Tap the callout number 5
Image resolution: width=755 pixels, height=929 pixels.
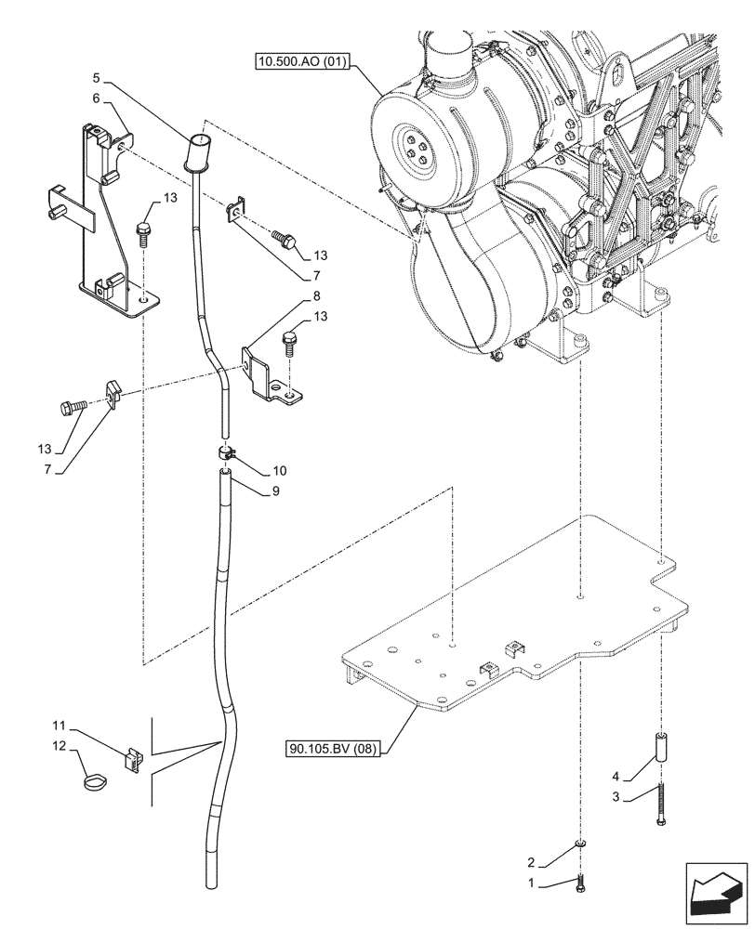tap(97, 80)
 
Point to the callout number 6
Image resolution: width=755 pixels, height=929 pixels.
tap(97, 98)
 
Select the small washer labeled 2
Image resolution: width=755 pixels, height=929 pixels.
tap(580, 843)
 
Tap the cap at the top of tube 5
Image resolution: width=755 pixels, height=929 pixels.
tap(197, 151)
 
